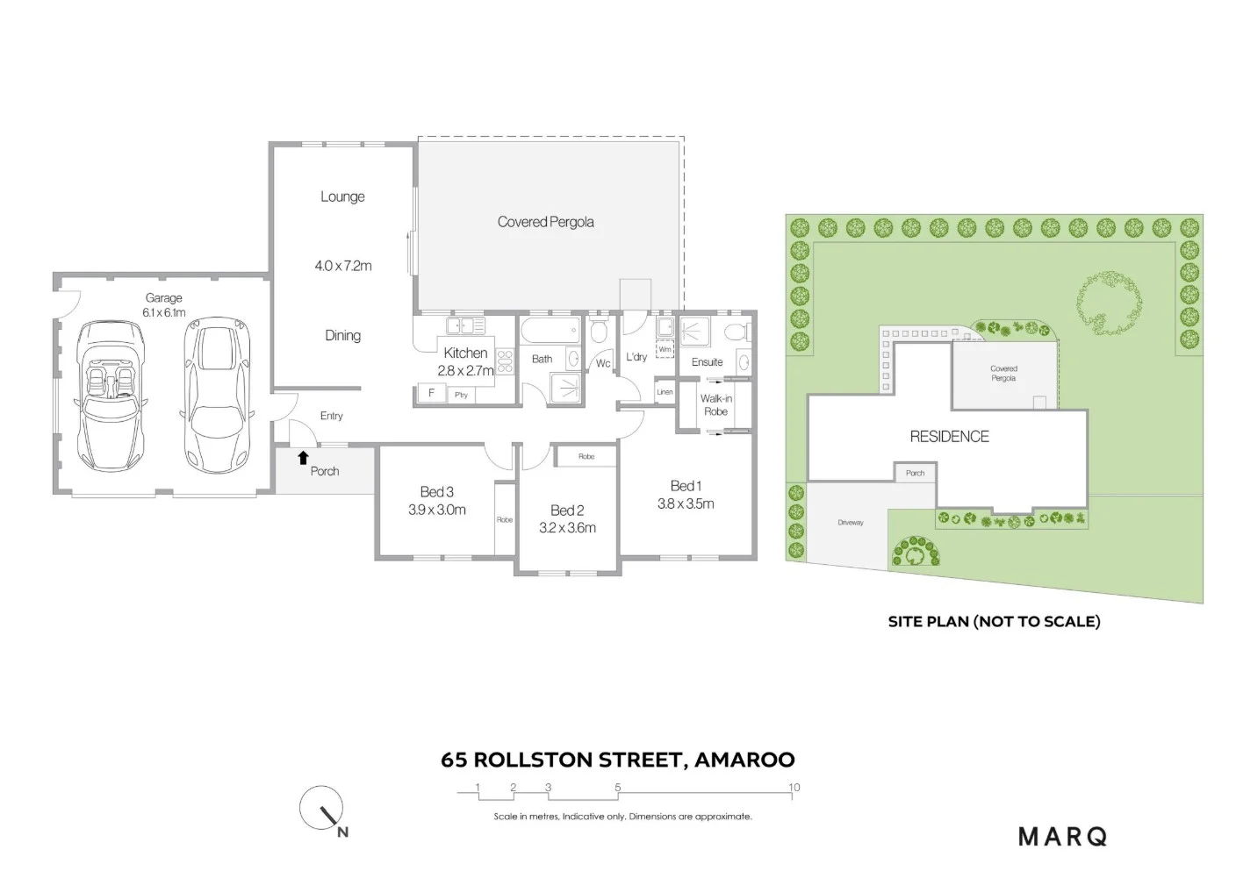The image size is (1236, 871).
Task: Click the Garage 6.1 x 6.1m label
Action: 164,305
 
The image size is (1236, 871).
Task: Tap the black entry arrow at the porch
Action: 303,457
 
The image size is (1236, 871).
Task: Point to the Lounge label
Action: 342,196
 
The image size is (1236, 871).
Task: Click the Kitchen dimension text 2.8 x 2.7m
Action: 465,370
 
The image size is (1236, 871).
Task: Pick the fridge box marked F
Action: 431,394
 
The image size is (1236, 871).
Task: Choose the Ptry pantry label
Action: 462,395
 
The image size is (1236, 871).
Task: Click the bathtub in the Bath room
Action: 550,332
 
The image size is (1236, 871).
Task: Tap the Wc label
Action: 603,363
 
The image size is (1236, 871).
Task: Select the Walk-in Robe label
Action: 715,404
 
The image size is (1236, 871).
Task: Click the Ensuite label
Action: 707,362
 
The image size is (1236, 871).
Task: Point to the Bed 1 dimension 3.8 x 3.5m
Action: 686,503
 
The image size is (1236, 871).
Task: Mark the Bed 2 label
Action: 567,510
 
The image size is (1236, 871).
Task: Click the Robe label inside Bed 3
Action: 505,519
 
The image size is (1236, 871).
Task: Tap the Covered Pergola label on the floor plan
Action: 545,222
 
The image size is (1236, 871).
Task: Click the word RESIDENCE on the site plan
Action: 949,436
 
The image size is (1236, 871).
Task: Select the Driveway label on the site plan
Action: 851,523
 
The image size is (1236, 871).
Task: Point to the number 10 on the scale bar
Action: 794,787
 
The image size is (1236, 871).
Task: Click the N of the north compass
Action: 342,832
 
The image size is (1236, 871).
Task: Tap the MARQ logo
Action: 1062,837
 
